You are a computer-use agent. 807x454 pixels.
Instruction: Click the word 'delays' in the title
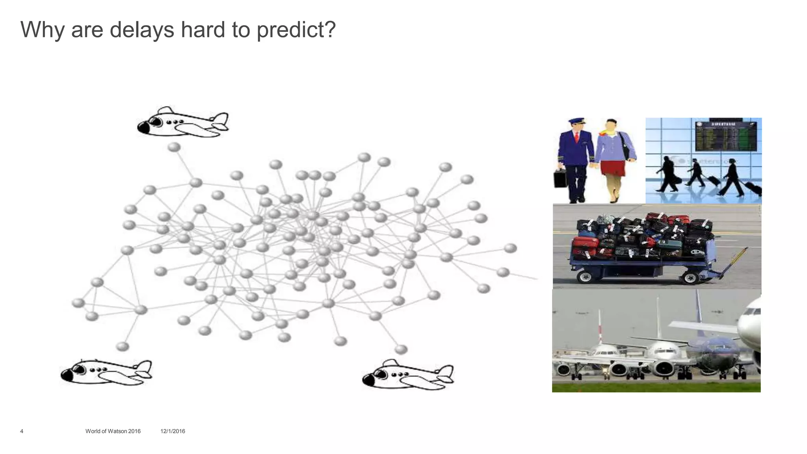(142, 30)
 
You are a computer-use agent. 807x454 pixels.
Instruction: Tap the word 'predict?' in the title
(296, 30)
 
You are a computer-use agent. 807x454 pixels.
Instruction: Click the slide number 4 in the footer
(22, 431)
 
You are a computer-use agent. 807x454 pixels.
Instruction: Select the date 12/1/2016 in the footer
(173, 431)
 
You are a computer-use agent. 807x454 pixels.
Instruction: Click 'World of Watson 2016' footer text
(113, 431)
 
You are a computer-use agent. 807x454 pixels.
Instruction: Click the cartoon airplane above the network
(182, 122)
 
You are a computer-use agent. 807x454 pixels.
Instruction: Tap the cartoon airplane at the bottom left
(106, 372)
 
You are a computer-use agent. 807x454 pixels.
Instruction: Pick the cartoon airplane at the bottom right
(408, 374)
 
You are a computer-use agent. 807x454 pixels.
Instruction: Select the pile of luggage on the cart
(642, 236)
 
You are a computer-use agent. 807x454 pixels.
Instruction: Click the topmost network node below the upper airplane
(174, 147)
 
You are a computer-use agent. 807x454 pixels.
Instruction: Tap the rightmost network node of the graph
(510, 248)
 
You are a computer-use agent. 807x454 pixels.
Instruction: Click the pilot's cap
(576, 121)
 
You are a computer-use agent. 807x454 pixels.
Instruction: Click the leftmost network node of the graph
(78, 303)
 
